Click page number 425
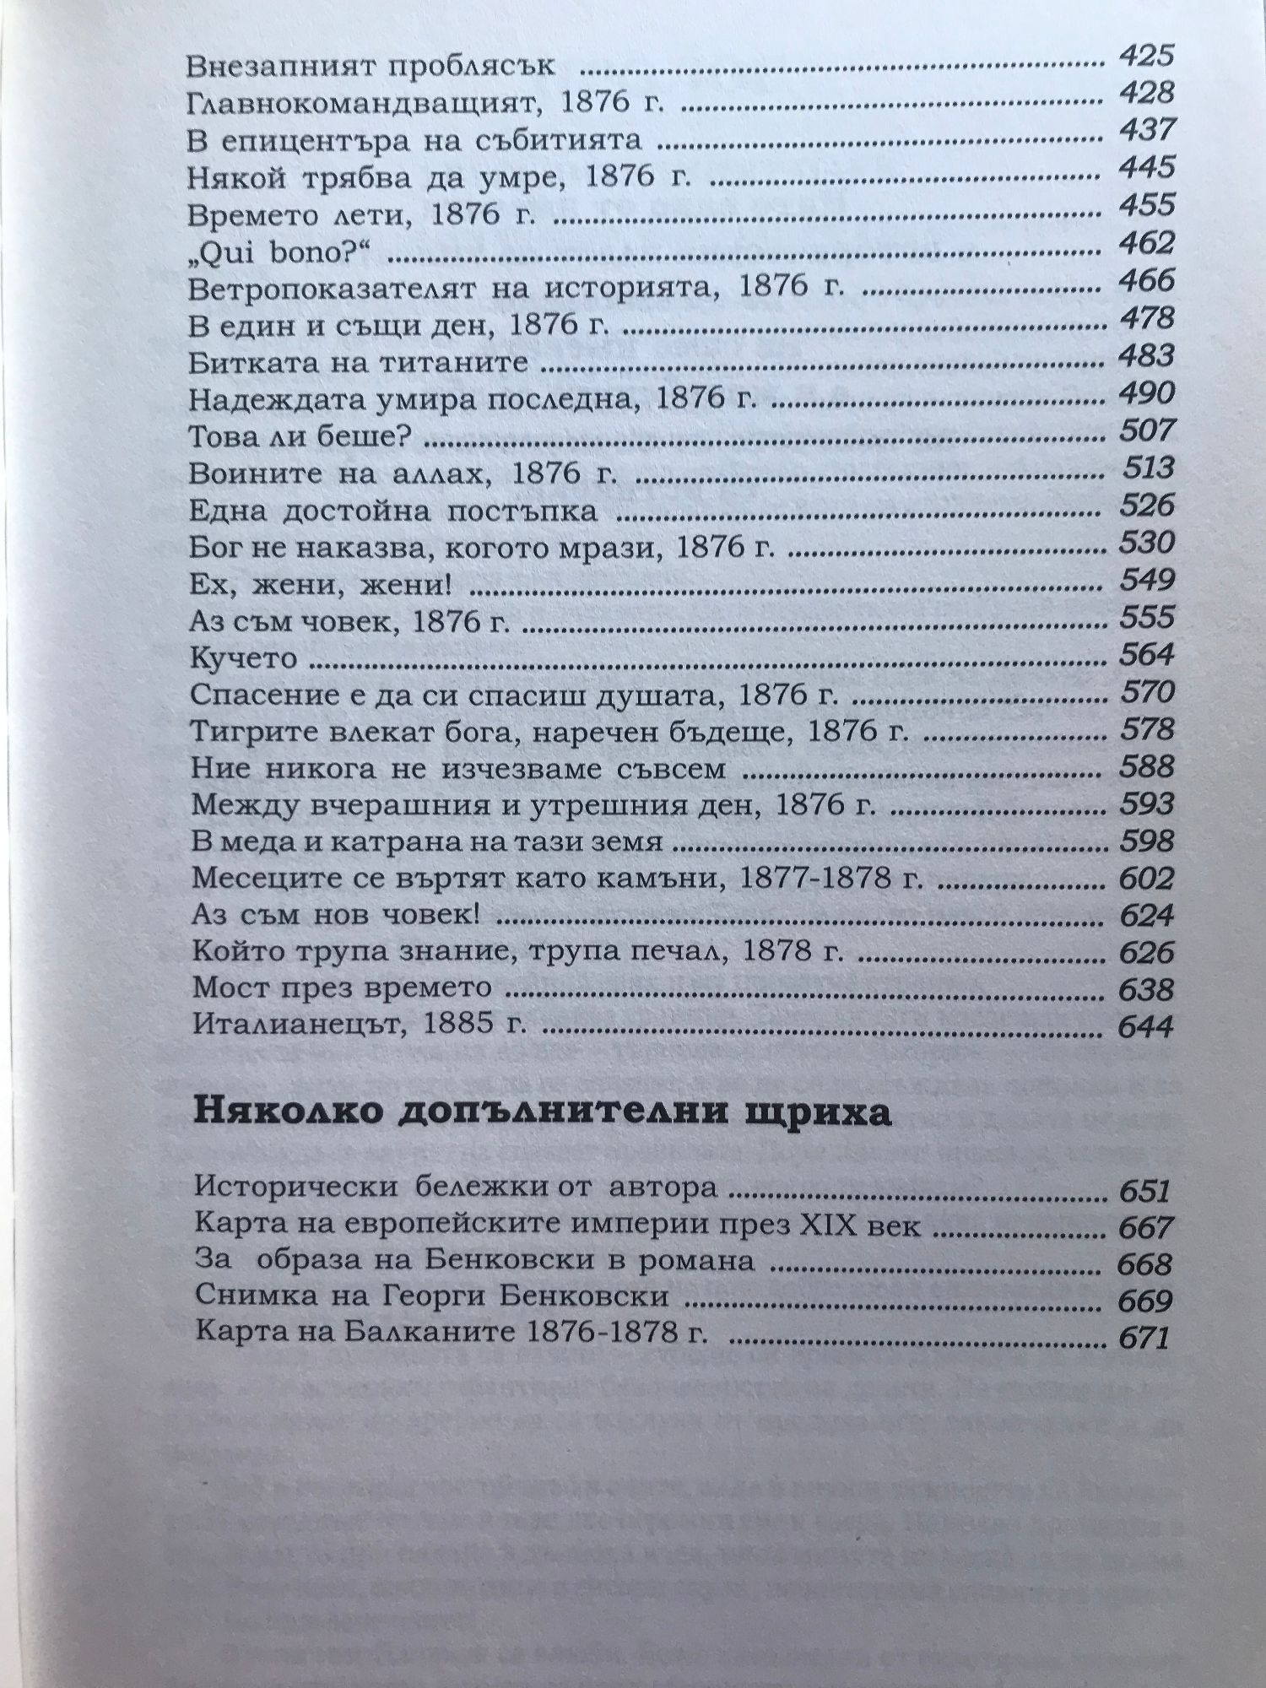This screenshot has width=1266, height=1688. pos(1145,57)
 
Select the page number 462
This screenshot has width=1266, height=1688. pos(1145,244)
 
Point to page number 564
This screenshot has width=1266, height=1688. pos(1145,655)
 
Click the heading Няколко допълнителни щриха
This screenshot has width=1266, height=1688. pos(543,1113)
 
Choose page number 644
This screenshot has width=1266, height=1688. pos(1145,1026)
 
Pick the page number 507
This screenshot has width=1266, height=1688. pos(1145,431)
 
